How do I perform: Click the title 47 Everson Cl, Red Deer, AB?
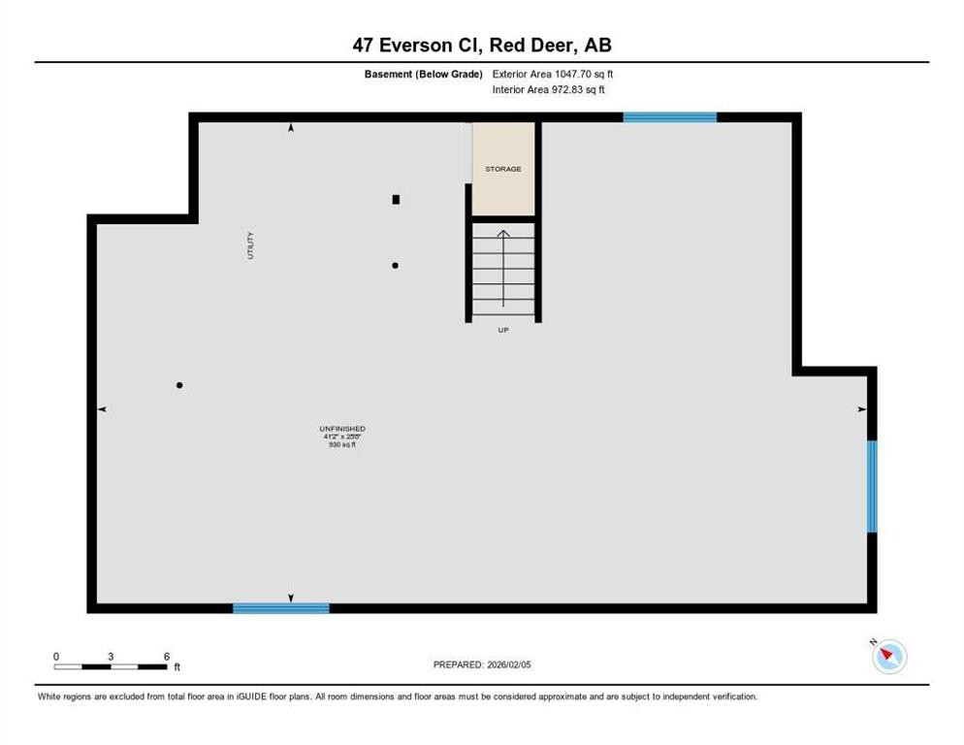pyautogui.click(x=482, y=45)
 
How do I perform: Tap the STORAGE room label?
pyautogui.click(x=503, y=169)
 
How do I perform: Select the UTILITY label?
pyautogui.click(x=250, y=244)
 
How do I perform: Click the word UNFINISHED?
pyautogui.click(x=341, y=429)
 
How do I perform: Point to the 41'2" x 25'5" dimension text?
pyautogui.click(x=341, y=437)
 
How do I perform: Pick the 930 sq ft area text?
pyautogui.click(x=341, y=444)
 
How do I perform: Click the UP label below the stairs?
pyautogui.click(x=502, y=330)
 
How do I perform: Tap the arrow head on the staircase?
pyautogui.click(x=502, y=233)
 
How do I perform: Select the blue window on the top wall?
pyautogui.click(x=669, y=117)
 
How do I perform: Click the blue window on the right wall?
pyautogui.click(x=872, y=486)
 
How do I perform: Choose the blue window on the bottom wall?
pyautogui.click(x=280, y=608)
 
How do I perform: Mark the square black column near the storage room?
pyautogui.click(x=396, y=200)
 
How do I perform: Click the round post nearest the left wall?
pyautogui.click(x=179, y=385)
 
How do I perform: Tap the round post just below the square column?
pyautogui.click(x=395, y=265)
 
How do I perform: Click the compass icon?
pyautogui.click(x=888, y=657)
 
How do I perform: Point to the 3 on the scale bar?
pyautogui.click(x=111, y=657)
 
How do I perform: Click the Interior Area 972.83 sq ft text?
pyautogui.click(x=549, y=89)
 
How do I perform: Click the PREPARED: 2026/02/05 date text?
pyautogui.click(x=482, y=664)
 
